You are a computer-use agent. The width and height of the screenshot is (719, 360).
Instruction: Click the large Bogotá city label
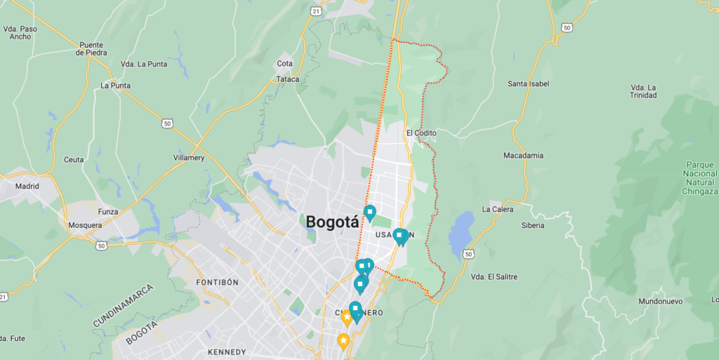click(332, 222)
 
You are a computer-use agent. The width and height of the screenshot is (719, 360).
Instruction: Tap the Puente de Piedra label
click(91, 48)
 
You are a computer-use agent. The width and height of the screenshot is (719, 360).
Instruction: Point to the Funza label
click(107, 211)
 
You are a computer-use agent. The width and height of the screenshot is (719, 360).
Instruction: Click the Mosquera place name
click(85, 225)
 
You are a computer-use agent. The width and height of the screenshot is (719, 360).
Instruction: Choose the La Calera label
click(497, 209)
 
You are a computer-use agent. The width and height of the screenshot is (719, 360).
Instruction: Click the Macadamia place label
click(523, 155)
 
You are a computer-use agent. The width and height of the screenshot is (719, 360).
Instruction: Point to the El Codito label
click(421, 133)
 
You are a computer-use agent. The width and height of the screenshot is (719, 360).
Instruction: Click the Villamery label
click(189, 158)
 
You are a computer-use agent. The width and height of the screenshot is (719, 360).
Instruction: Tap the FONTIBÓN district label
click(217, 282)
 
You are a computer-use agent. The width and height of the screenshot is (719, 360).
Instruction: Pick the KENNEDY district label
click(227, 352)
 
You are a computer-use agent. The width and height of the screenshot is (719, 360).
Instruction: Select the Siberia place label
click(532, 225)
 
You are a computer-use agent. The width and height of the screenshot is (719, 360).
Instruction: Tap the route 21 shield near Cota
click(317, 11)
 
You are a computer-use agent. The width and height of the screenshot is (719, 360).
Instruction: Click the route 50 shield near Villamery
click(166, 124)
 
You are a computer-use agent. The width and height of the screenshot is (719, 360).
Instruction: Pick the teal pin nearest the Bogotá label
click(369, 212)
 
